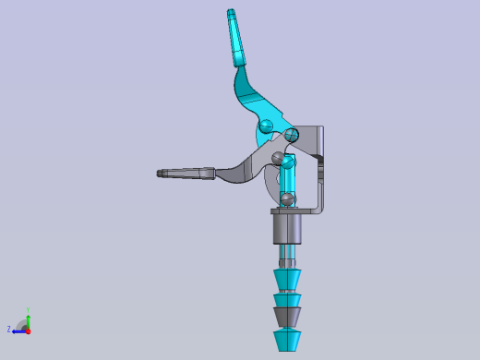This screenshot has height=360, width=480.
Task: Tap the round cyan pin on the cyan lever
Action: [x=266, y=126]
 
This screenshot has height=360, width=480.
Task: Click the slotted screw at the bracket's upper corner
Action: [x=293, y=135]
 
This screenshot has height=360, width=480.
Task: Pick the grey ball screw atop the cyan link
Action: [x=281, y=159]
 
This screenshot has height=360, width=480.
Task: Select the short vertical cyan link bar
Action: [x=287, y=178]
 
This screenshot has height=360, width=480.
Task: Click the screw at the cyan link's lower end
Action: [x=288, y=197]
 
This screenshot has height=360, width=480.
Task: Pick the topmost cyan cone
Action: [x=288, y=278]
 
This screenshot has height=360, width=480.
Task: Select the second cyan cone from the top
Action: [x=288, y=299]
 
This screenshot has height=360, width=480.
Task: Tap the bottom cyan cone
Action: [x=288, y=338]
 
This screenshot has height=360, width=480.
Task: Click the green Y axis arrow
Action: [x=28, y=318]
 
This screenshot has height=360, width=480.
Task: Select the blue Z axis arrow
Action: [x=18, y=330]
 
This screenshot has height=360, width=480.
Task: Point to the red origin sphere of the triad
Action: [x=28, y=329]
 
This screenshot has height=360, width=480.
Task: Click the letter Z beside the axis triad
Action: [x=9, y=329]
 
